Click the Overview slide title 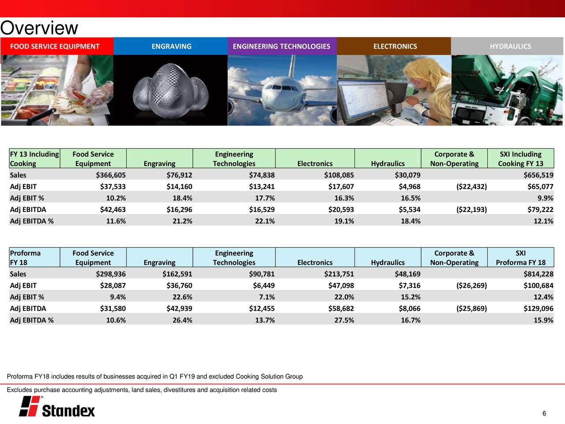39,29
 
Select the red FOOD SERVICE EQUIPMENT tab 55,46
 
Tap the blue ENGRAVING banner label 171,46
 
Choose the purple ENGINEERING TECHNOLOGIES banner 281,46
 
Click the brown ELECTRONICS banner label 395,46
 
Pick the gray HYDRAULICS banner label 510,46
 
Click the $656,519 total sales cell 538,175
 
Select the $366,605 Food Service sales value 111,175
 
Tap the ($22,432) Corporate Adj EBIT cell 471,186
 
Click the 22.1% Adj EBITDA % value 265,221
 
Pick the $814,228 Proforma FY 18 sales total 538,274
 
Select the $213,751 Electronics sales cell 339,274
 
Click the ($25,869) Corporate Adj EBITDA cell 471,308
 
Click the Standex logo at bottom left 57,406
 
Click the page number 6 544,413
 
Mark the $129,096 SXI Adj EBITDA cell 538,308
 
